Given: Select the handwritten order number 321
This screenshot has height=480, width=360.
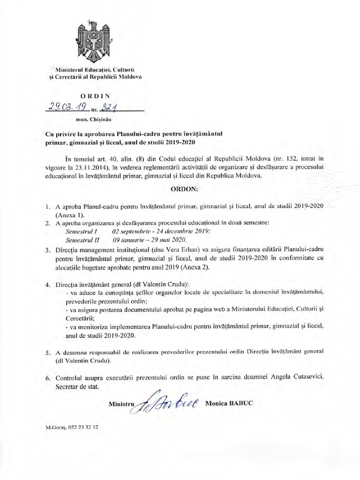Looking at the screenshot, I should [108, 109].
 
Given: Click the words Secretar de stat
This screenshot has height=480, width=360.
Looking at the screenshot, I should [77, 387].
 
